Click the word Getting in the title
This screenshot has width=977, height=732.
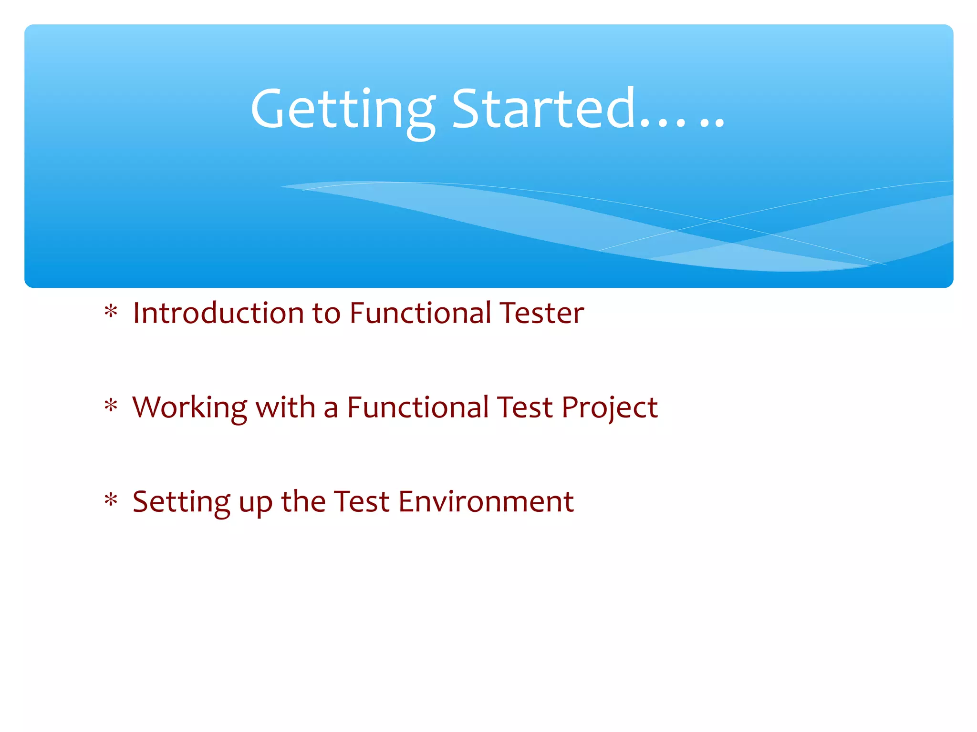[343, 111]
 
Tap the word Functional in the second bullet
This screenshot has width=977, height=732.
[418, 408]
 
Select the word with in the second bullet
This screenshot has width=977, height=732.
[285, 408]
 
